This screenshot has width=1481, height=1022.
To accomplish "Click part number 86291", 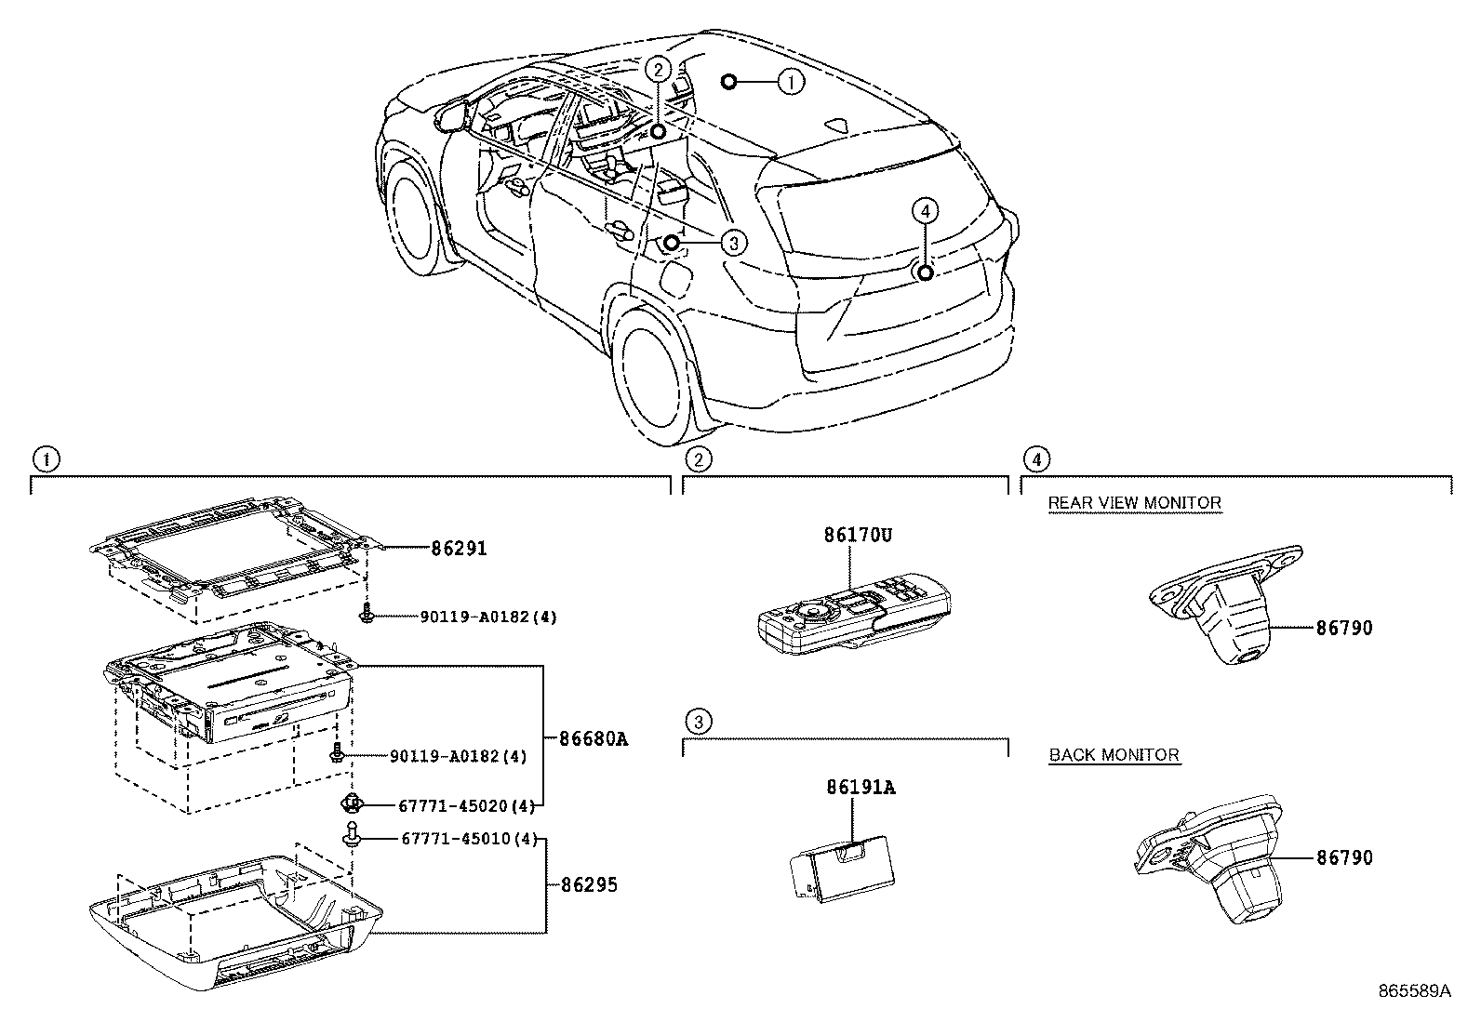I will pos(459,549).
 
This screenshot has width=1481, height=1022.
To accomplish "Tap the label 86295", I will pos(588,885).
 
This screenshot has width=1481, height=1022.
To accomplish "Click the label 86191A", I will pos(860,788).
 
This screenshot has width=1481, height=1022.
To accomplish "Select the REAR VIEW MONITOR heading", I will pos(1134,503).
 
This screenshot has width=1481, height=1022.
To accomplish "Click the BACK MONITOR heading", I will pos(1114,755).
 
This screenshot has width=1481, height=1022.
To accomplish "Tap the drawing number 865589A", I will pos(1414,991).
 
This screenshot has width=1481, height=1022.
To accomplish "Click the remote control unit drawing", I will pos(851,621).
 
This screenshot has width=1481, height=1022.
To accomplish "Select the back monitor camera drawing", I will pos(1209,857).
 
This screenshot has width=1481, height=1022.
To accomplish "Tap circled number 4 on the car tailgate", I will pos(923,212).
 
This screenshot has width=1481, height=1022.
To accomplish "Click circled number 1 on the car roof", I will pos(790,83).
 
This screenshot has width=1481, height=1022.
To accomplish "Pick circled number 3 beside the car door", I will pos(733,244).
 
